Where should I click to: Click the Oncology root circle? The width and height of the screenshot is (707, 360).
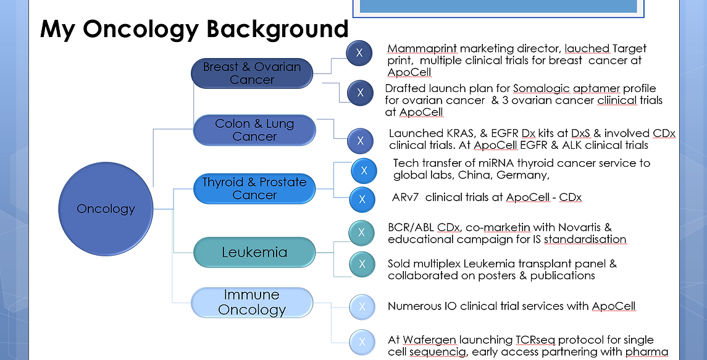(106, 208)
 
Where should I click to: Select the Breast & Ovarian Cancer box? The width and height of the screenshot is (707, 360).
(252, 73)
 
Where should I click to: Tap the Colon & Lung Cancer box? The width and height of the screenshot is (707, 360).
(254, 130)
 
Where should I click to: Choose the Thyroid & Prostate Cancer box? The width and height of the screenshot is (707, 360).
(254, 188)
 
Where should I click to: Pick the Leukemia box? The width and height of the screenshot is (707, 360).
(254, 252)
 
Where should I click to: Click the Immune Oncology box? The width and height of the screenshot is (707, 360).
(252, 303)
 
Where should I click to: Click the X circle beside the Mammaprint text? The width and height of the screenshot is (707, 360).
(359, 53)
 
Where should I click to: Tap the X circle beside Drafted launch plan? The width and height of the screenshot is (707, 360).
(359, 93)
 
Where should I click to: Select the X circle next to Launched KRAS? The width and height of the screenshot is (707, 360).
(359, 141)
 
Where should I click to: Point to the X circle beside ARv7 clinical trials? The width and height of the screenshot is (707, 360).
(362, 199)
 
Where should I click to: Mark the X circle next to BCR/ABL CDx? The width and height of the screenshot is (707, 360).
(362, 233)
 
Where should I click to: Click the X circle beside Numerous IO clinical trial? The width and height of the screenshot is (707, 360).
(362, 307)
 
